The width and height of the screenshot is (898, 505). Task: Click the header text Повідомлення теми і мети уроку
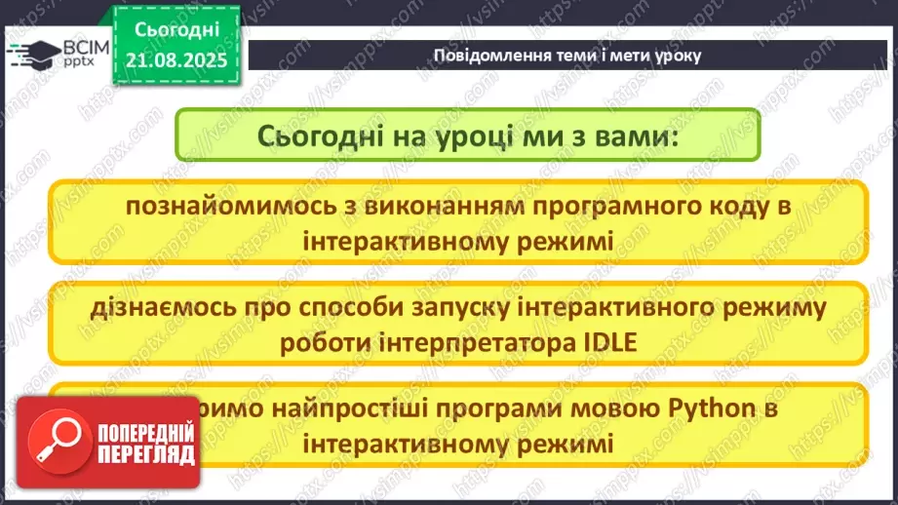point(566,56)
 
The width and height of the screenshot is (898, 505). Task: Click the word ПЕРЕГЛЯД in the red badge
point(146,454)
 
